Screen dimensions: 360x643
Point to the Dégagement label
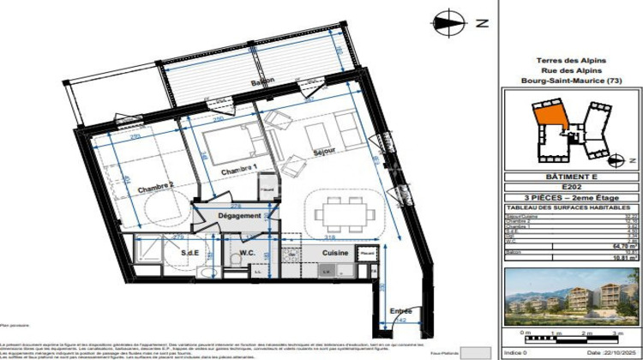(x=238, y=216)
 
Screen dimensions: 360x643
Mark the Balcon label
(x=262, y=82)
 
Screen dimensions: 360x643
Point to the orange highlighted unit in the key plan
(x=546, y=119)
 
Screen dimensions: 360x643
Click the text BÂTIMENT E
(x=568, y=176)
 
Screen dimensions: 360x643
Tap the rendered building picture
(x=568, y=298)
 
